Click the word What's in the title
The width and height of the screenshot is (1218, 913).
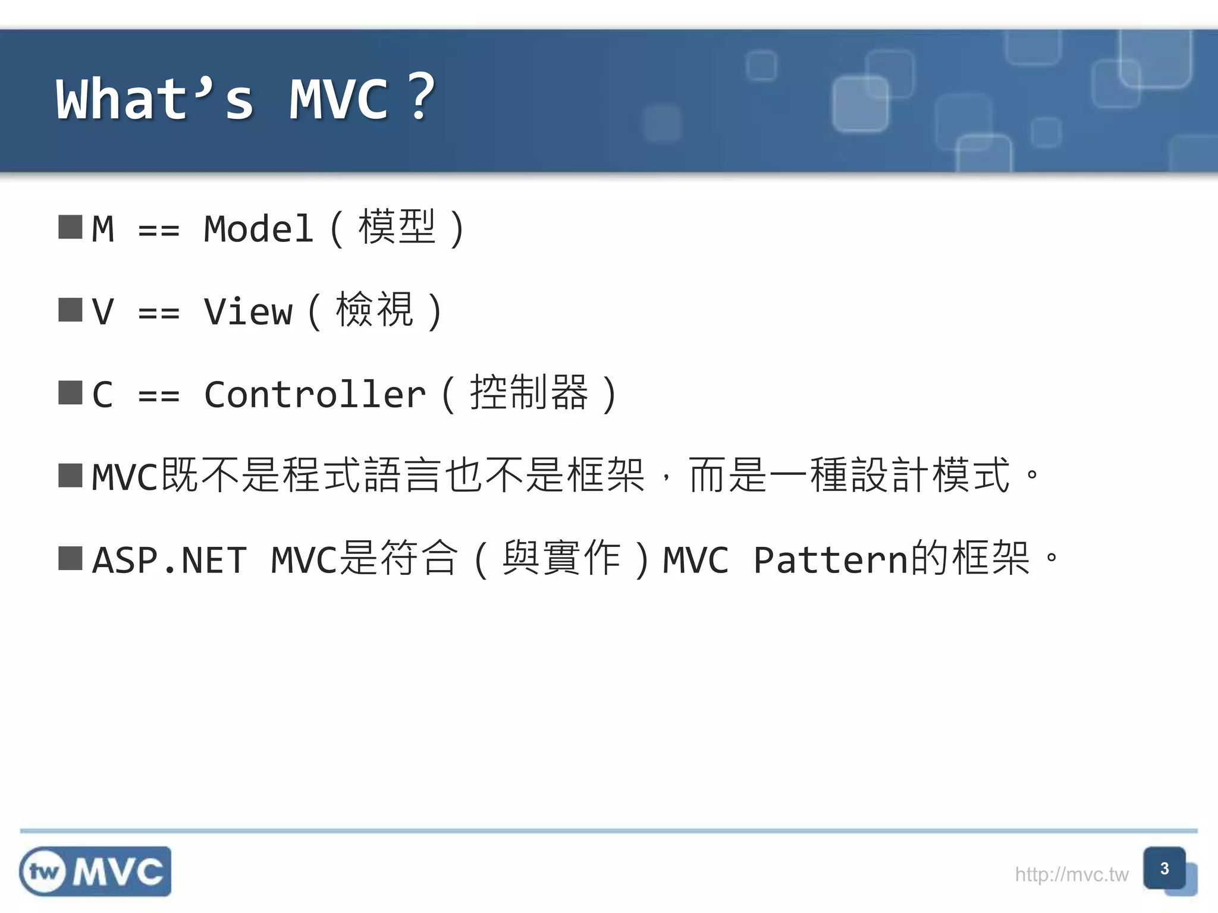[155, 99]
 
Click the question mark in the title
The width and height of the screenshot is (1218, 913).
[422, 97]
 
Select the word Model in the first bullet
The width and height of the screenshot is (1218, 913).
[258, 229]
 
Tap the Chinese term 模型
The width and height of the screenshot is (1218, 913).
[397, 228]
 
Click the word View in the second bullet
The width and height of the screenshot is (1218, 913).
[248, 311]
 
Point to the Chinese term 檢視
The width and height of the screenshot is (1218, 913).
[375, 310]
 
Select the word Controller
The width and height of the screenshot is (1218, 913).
[315, 394]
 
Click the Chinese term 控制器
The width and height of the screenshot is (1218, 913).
[529, 393]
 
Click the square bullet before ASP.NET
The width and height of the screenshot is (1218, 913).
[70, 558]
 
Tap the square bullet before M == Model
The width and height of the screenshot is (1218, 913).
[70, 227]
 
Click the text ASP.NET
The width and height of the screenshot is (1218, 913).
[169, 560]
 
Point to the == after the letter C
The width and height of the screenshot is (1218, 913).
[158, 395]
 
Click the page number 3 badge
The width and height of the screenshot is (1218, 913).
[1164, 868]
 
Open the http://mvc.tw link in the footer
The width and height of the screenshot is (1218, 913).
[1071, 874]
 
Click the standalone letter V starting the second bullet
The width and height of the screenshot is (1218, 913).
[102, 311]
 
